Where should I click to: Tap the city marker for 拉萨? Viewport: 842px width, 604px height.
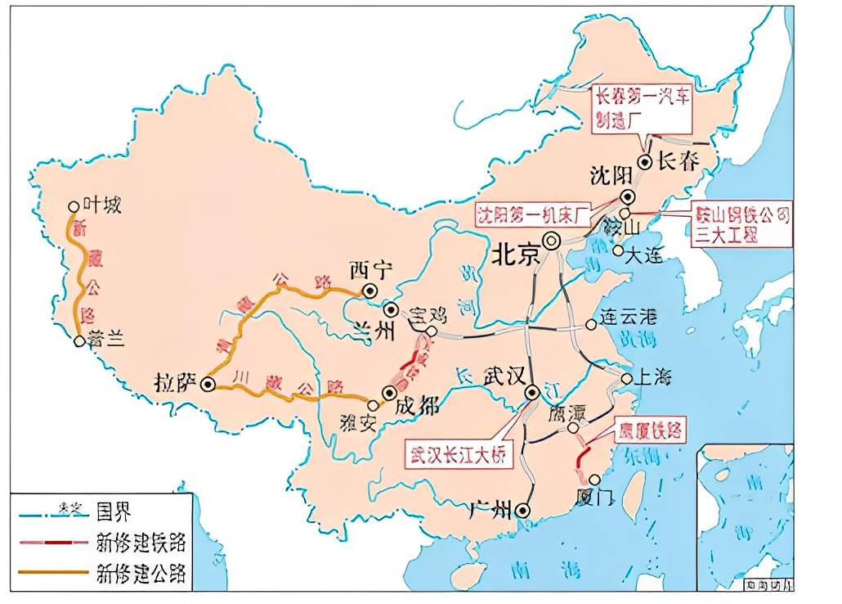coord(208,383)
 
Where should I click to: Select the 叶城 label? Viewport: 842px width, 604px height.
coord(101,205)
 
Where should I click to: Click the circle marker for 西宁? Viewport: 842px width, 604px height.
coord(370,291)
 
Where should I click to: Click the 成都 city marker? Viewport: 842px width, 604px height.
coord(388,394)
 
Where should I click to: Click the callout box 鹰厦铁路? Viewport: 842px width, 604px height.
coord(649,429)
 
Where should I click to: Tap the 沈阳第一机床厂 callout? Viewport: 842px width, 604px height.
coord(544,216)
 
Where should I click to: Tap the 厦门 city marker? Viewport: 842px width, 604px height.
coord(594,480)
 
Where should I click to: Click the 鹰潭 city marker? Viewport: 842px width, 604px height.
coord(574,427)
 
